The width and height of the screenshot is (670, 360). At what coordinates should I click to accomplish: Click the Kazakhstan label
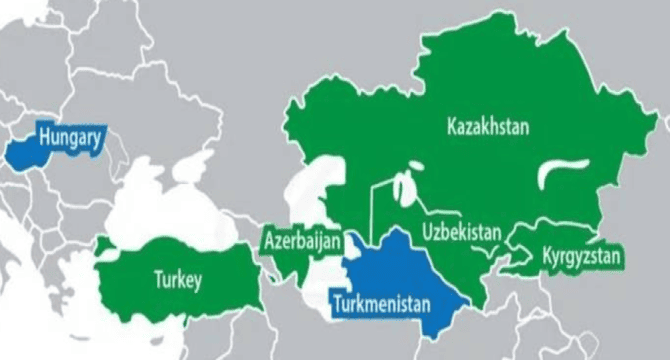[x=487, y=127]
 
